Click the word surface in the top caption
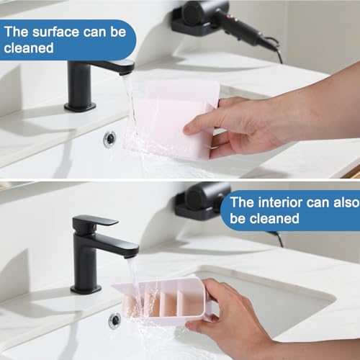coord(55,32)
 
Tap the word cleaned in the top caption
coord(29,48)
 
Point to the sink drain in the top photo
coord(109,138)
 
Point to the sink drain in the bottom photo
coord(114,320)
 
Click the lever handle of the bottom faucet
coord(95,221)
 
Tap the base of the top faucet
coord(80,107)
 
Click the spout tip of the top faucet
coord(127,71)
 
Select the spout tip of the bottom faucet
coord(132,255)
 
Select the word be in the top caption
coord(118,32)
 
